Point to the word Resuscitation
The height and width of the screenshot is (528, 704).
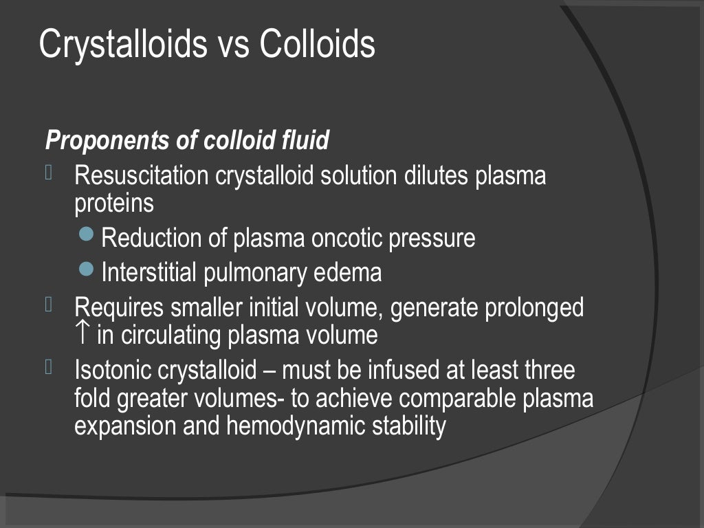coord(141,176)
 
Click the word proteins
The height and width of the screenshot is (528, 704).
coord(114,204)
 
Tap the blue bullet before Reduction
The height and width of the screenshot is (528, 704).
coord(86,235)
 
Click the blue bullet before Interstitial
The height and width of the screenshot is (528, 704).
coord(86,269)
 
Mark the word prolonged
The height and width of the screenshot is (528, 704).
coord(534,307)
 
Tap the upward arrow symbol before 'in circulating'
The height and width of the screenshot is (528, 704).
coord(82,335)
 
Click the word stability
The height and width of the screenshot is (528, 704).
coord(409,426)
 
